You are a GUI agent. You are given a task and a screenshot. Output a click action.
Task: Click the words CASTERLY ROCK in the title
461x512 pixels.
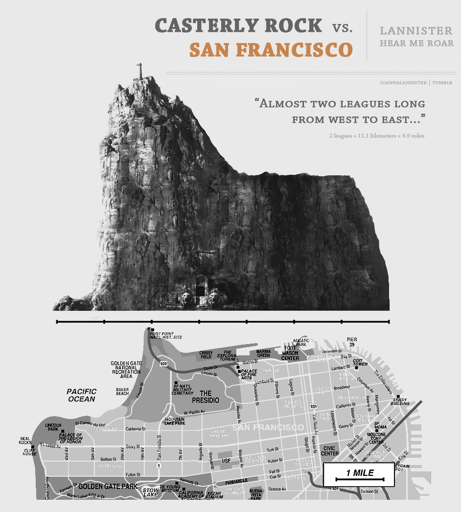coord(238,25)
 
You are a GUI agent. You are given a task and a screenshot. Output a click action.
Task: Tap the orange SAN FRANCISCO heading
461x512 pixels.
coord(271,50)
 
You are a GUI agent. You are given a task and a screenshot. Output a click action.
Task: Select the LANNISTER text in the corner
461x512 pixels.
coord(416,31)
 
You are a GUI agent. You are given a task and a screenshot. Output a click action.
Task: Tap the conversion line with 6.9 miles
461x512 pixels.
coord(377,135)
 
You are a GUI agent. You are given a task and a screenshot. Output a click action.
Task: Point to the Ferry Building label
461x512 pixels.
coord(400,402)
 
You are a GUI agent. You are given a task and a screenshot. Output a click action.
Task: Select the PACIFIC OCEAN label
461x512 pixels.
coord(82,395)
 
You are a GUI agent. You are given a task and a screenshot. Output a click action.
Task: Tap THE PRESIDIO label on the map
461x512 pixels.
coord(206,396)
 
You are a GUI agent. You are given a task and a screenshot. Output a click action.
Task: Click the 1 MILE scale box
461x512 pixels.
coord(359,474)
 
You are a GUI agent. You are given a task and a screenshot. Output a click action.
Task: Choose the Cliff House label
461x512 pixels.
coord(29,452)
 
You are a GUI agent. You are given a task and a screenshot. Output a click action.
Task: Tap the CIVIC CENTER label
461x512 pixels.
coord(330,451)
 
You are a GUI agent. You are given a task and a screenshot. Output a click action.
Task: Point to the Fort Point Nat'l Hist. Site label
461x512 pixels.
coord(166,335)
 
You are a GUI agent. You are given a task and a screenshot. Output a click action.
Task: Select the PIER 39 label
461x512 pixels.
coord(352,341)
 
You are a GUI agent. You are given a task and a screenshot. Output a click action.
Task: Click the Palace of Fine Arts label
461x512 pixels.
coord(249,374)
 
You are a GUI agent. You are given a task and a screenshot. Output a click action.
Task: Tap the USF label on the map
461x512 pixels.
coord(226,461)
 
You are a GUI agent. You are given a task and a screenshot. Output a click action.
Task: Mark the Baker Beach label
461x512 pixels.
coord(122,392)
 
